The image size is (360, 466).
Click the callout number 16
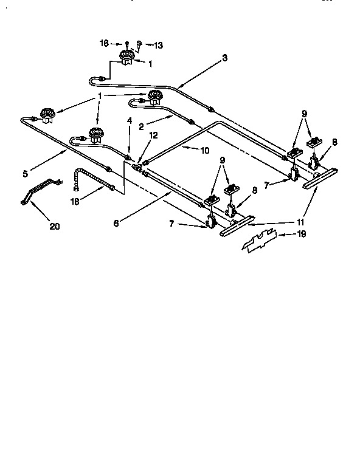coord(104,43)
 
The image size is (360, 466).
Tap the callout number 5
coord(25,174)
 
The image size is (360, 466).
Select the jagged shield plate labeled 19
coord(268,241)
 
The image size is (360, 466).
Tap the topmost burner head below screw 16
coord(126,58)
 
